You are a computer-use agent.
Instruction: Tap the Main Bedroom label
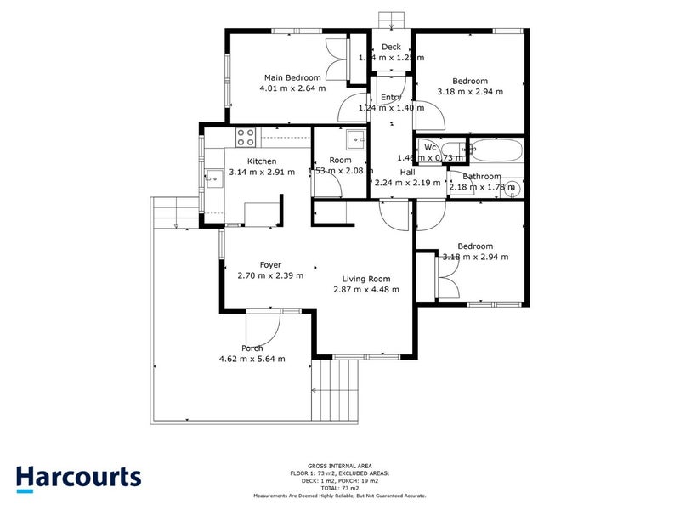point(292,77)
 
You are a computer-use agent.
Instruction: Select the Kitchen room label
point(262,161)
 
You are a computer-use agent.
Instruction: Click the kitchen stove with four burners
point(246,136)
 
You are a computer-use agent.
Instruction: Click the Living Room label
point(366,279)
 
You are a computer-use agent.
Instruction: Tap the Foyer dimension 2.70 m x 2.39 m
point(270,275)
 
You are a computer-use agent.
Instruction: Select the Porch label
point(252,348)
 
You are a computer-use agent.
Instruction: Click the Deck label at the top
point(391,47)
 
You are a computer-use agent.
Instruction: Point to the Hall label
point(407,172)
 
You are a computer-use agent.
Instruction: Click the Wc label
point(430,146)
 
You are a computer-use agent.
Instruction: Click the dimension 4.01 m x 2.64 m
point(292,88)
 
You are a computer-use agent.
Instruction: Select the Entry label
point(391,97)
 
